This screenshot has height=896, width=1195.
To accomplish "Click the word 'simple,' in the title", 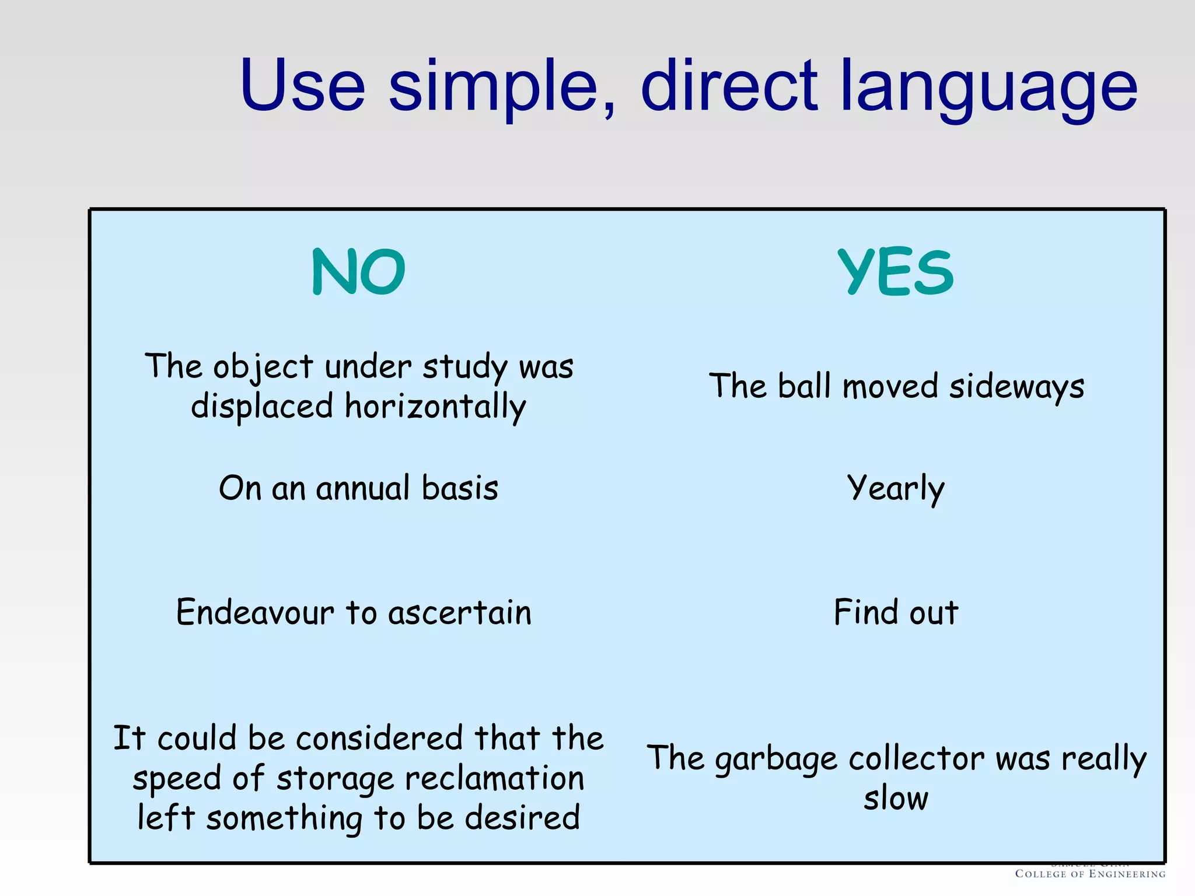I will click(x=502, y=87).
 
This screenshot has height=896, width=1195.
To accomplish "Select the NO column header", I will click(x=358, y=272).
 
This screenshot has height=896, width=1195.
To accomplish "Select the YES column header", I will click(x=896, y=272).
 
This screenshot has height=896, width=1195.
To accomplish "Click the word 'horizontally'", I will click(x=435, y=407).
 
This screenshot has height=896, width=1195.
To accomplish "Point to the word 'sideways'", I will click(x=1016, y=387).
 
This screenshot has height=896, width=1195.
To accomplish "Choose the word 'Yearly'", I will click(x=896, y=489).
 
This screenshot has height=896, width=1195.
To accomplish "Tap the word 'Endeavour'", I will click(x=255, y=612).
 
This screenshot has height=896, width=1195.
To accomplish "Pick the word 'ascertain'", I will click(x=460, y=613).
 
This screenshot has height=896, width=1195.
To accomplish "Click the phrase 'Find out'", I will click(x=896, y=612).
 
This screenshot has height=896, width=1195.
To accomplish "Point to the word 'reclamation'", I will click(x=494, y=779).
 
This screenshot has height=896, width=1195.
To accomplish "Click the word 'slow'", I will click(x=896, y=798).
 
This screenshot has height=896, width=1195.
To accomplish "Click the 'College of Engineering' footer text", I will click(x=1090, y=874).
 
